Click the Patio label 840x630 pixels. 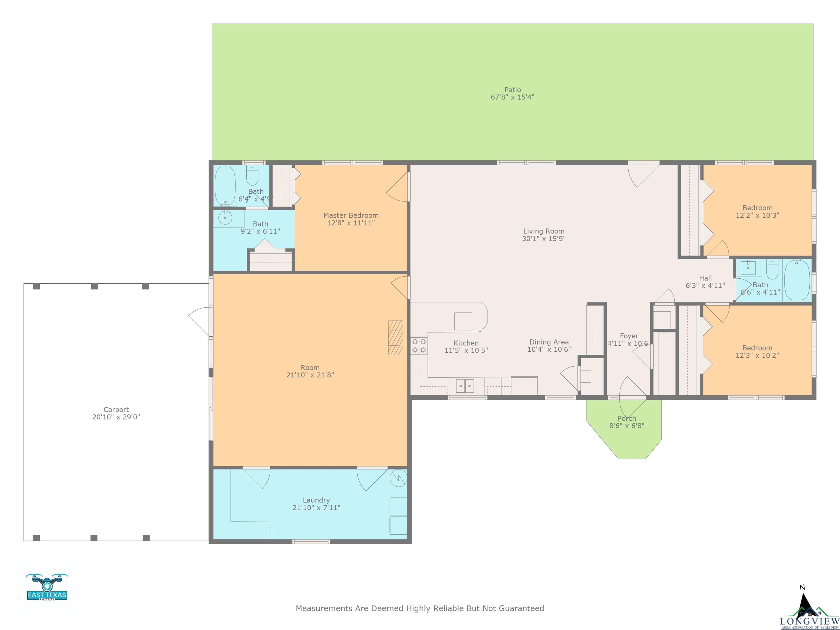[x=512, y=90]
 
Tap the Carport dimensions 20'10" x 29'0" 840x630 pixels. [x=116, y=417]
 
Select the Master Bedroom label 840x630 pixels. [x=351, y=215]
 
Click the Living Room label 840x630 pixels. [x=544, y=231]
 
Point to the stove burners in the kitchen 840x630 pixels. [x=419, y=346]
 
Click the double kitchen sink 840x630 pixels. [x=465, y=386]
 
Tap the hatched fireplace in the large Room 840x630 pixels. [x=395, y=338]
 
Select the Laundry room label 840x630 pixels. [x=316, y=500]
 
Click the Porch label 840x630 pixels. [x=627, y=418]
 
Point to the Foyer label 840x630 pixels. [x=629, y=336]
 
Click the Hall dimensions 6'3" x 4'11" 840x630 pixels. [x=705, y=285]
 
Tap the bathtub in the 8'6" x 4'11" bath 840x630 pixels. [x=797, y=280]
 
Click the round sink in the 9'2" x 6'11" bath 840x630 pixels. [x=225, y=218]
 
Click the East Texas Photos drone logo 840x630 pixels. [x=47, y=587]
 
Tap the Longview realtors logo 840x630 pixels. [x=809, y=611]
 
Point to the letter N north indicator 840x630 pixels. [x=802, y=587]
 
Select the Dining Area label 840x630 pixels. [x=549, y=342]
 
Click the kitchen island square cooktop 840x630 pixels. [x=463, y=321]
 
